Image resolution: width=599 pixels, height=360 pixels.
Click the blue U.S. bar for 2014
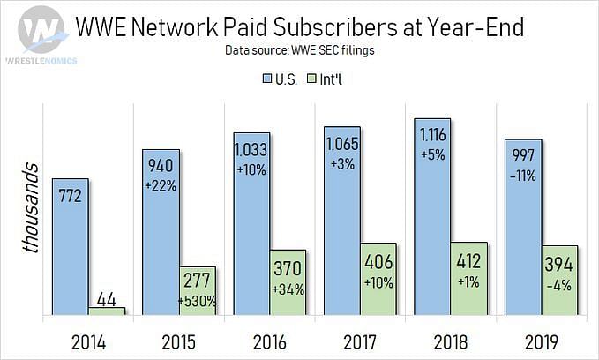pos(70,246)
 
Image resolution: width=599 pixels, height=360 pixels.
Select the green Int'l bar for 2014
pos(107,311)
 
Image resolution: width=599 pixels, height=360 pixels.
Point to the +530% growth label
pos(198,301)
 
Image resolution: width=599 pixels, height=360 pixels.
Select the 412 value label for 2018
pos(468,261)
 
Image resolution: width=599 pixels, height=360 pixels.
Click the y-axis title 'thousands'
pos(31,207)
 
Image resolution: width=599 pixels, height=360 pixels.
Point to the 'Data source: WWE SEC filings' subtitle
pos(299,50)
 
